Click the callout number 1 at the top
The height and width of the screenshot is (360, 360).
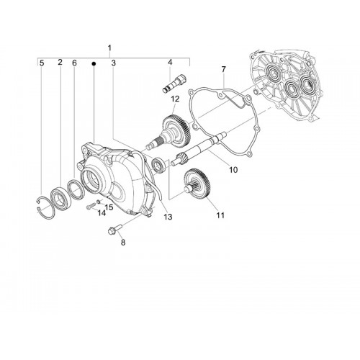(109, 48)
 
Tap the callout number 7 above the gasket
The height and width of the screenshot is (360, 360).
(224, 70)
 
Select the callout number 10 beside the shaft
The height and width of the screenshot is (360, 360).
(233, 170)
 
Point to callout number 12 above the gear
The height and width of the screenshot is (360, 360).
(175, 99)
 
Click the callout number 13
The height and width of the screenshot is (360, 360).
(168, 217)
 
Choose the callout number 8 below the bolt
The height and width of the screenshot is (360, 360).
(123, 243)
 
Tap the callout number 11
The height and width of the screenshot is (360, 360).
(220, 215)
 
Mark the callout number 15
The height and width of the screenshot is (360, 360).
(109, 207)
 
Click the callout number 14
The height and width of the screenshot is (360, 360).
(102, 212)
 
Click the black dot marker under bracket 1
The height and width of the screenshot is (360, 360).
(94, 63)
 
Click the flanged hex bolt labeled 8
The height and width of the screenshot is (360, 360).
(115, 229)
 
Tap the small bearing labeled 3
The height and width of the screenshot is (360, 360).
(158, 165)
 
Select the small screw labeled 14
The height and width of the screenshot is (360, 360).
(91, 206)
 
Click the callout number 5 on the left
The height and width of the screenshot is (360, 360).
(42, 63)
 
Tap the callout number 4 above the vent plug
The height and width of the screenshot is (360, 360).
(170, 63)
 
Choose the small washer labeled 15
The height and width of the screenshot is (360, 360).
(98, 201)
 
